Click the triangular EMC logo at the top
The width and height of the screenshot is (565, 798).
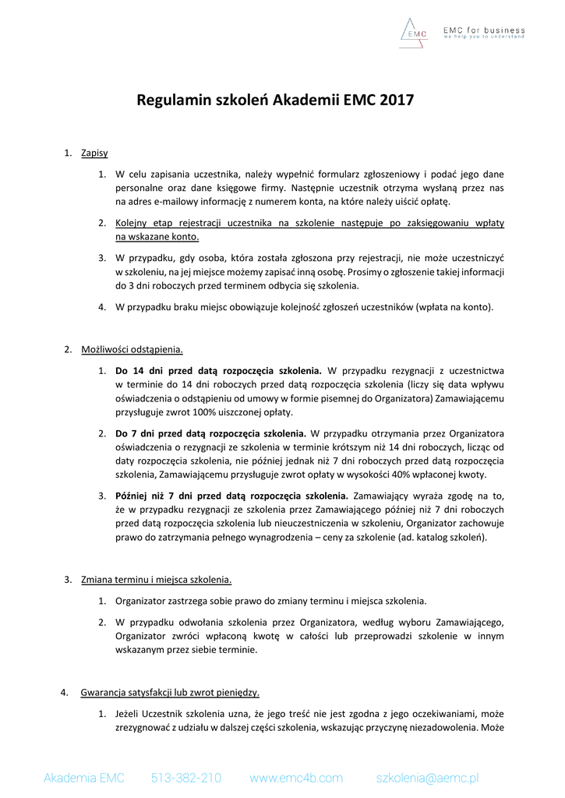pos(415,31)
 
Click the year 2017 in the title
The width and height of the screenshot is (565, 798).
pos(397,100)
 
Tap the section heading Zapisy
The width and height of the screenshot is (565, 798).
pos(94,153)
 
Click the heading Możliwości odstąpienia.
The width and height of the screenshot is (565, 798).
pos(132,349)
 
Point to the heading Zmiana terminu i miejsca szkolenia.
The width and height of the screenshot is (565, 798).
pos(156,580)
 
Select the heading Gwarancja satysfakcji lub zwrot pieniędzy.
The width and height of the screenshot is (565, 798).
pos(171,692)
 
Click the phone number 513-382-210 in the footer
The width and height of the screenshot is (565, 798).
pos(185,778)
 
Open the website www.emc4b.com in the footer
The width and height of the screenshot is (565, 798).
pos(296,778)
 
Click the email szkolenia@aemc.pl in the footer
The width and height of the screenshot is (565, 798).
pos(427,778)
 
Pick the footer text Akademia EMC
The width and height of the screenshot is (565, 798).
pos(83,778)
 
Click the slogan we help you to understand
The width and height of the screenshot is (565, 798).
pos(484,37)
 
